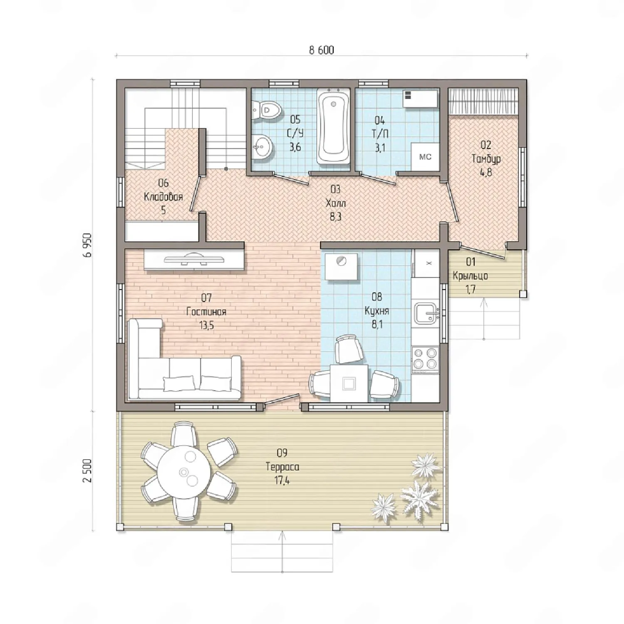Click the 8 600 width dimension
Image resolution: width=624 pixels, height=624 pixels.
click(x=322, y=50)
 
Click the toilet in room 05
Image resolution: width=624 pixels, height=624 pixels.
click(x=267, y=110)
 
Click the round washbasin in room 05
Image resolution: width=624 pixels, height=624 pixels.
click(x=262, y=146)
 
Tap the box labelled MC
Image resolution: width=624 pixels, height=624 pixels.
click(x=425, y=157)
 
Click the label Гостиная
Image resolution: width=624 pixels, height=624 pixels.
click(x=206, y=312)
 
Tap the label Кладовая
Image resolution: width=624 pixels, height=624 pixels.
click(x=163, y=197)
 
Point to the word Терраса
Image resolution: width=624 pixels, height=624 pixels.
click(x=282, y=467)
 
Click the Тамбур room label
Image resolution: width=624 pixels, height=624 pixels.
click(x=486, y=159)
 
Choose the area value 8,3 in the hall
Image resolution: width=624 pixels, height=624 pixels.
click(x=335, y=217)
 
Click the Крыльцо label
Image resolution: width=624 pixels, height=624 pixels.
click(x=470, y=276)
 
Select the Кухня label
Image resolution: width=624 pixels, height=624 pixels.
click(x=377, y=311)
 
